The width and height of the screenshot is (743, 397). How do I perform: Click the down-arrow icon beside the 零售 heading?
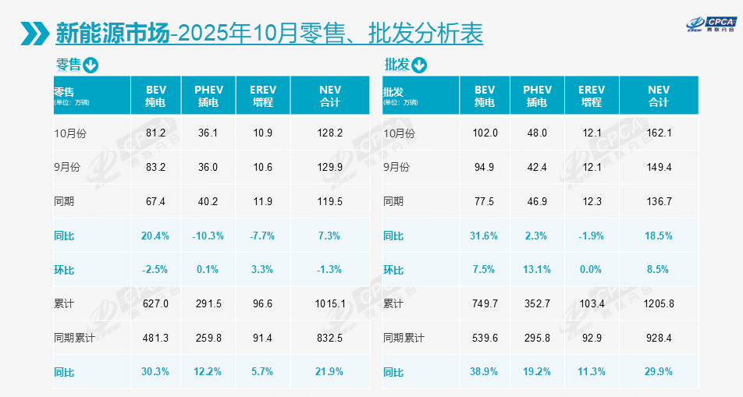pyautogui.click(x=91, y=65)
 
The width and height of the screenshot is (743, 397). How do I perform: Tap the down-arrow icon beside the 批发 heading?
pyautogui.click(x=420, y=65)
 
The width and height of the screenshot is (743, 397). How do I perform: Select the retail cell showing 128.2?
pyautogui.click(x=330, y=133)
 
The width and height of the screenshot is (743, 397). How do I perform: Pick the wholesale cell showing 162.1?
pyautogui.click(x=659, y=133)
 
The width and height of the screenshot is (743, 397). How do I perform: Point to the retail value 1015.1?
pyautogui.click(x=330, y=303)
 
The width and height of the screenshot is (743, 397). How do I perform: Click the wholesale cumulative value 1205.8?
pyautogui.click(x=659, y=303)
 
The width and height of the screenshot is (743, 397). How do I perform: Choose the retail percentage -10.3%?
pyautogui.click(x=208, y=236)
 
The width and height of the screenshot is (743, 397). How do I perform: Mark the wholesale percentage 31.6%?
pyautogui.click(x=485, y=236)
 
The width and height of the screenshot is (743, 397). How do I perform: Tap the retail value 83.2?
pyautogui.click(x=156, y=168)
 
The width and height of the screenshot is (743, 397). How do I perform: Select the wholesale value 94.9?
pyautogui.click(x=485, y=168)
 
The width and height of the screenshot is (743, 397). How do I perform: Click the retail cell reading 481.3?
pyautogui.click(x=156, y=338)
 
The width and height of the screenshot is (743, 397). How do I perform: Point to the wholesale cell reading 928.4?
pyautogui.click(x=659, y=338)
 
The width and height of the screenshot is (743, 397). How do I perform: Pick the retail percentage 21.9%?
pyautogui.click(x=330, y=372)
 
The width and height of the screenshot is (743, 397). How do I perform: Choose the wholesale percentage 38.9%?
pyautogui.click(x=485, y=372)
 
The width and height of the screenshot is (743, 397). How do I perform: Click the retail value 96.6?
pyautogui.click(x=263, y=303)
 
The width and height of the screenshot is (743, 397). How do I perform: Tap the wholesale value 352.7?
pyautogui.click(x=537, y=303)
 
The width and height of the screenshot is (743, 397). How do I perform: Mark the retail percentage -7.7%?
pyautogui.click(x=263, y=236)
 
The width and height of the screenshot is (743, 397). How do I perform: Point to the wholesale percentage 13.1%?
pyautogui.click(x=537, y=270)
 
